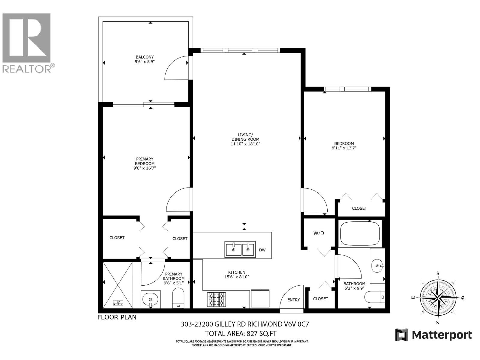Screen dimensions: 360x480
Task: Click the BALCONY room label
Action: [x=145, y=57]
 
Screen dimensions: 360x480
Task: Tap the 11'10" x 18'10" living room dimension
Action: [x=245, y=144]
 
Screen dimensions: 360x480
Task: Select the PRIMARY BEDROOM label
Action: [x=145, y=161]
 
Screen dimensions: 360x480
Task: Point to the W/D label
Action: [x=319, y=233]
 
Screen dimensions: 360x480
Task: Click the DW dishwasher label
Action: [x=262, y=250]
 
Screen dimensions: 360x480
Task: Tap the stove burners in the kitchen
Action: [x=216, y=299]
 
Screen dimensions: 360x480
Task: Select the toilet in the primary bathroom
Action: [x=178, y=298]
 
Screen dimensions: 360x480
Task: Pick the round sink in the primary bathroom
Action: [x=150, y=299]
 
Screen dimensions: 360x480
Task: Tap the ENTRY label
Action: [x=293, y=300]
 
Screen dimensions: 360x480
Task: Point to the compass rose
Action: [x=438, y=297]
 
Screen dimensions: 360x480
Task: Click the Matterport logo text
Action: [x=442, y=335]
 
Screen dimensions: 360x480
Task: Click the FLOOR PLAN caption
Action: [x=117, y=317]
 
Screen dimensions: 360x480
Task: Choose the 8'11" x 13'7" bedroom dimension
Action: [x=344, y=148]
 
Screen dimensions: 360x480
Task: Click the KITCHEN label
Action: [x=237, y=272]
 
